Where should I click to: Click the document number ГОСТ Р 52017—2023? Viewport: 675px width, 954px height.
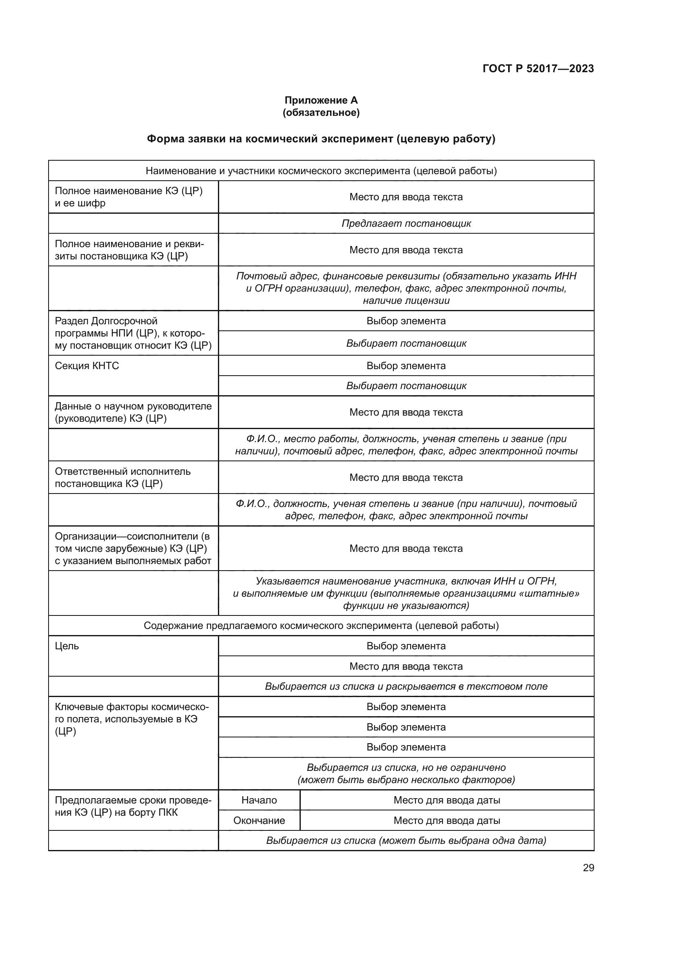(538, 69)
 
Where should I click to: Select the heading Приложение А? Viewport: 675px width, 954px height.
(321, 100)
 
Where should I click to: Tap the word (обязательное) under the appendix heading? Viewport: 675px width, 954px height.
(321, 113)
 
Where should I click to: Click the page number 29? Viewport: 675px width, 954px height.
(588, 868)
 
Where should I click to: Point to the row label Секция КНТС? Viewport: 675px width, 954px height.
(87, 365)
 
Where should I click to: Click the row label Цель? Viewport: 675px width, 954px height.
(67, 646)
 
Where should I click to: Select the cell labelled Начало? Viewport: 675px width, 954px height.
(259, 800)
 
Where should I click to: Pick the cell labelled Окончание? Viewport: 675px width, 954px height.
(259, 820)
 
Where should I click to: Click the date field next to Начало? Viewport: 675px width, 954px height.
(447, 800)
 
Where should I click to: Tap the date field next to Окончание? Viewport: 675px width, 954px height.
(447, 820)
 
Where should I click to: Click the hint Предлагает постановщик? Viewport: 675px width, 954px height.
(406, 224)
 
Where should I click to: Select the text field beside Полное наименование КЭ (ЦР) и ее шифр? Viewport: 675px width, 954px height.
(406, 197)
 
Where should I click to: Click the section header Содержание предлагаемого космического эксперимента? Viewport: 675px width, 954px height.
(321, 625)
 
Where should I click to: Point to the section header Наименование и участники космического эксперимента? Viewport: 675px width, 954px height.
(321, 171)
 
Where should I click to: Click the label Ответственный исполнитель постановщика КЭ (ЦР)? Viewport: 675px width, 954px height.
(122, 478)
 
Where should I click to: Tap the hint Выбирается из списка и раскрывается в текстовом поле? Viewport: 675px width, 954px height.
(406, 686)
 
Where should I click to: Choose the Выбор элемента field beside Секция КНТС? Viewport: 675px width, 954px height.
(406, 365)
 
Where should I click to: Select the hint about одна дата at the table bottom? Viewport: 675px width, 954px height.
(406, 841)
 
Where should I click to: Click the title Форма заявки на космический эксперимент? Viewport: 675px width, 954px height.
(321, 139)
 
